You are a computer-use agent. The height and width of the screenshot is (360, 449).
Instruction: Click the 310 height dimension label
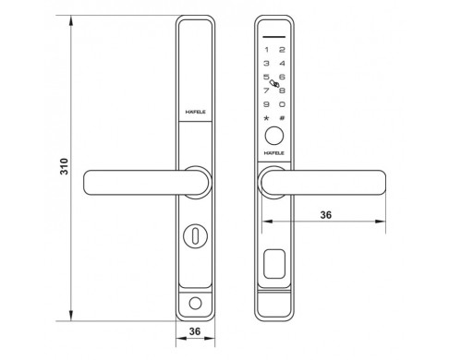tap(64, 166)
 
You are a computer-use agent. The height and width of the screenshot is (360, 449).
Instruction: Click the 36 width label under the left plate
tap(195, 331)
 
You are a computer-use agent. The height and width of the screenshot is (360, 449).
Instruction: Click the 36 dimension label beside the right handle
tap(326, 215)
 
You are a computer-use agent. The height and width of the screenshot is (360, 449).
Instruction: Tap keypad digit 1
tap(267, 50)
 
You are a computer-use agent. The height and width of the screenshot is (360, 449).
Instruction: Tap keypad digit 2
tap(282, 50)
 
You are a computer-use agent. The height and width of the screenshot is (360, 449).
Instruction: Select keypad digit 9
tap(266, 104)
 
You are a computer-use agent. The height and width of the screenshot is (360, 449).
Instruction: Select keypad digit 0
tap(282, 104)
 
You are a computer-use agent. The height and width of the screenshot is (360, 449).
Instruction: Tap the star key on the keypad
tap(266, 118)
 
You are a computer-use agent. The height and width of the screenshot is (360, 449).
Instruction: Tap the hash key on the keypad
tap(282, 118)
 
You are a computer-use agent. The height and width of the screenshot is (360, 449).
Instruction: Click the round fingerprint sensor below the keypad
tap(274, 136)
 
